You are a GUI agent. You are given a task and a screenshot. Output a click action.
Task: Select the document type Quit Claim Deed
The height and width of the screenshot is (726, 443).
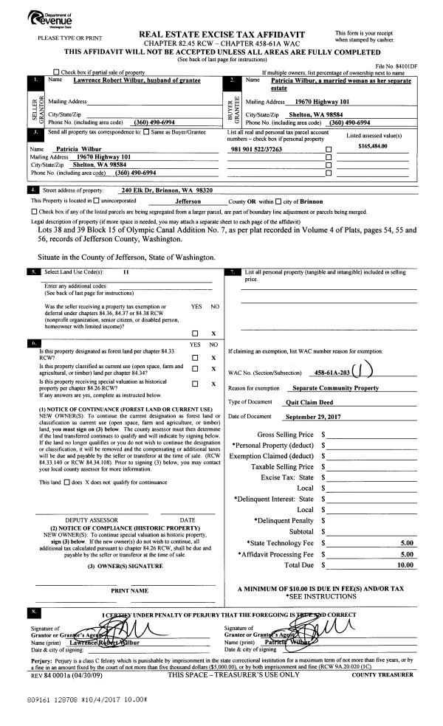click(x=310, y=403)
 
